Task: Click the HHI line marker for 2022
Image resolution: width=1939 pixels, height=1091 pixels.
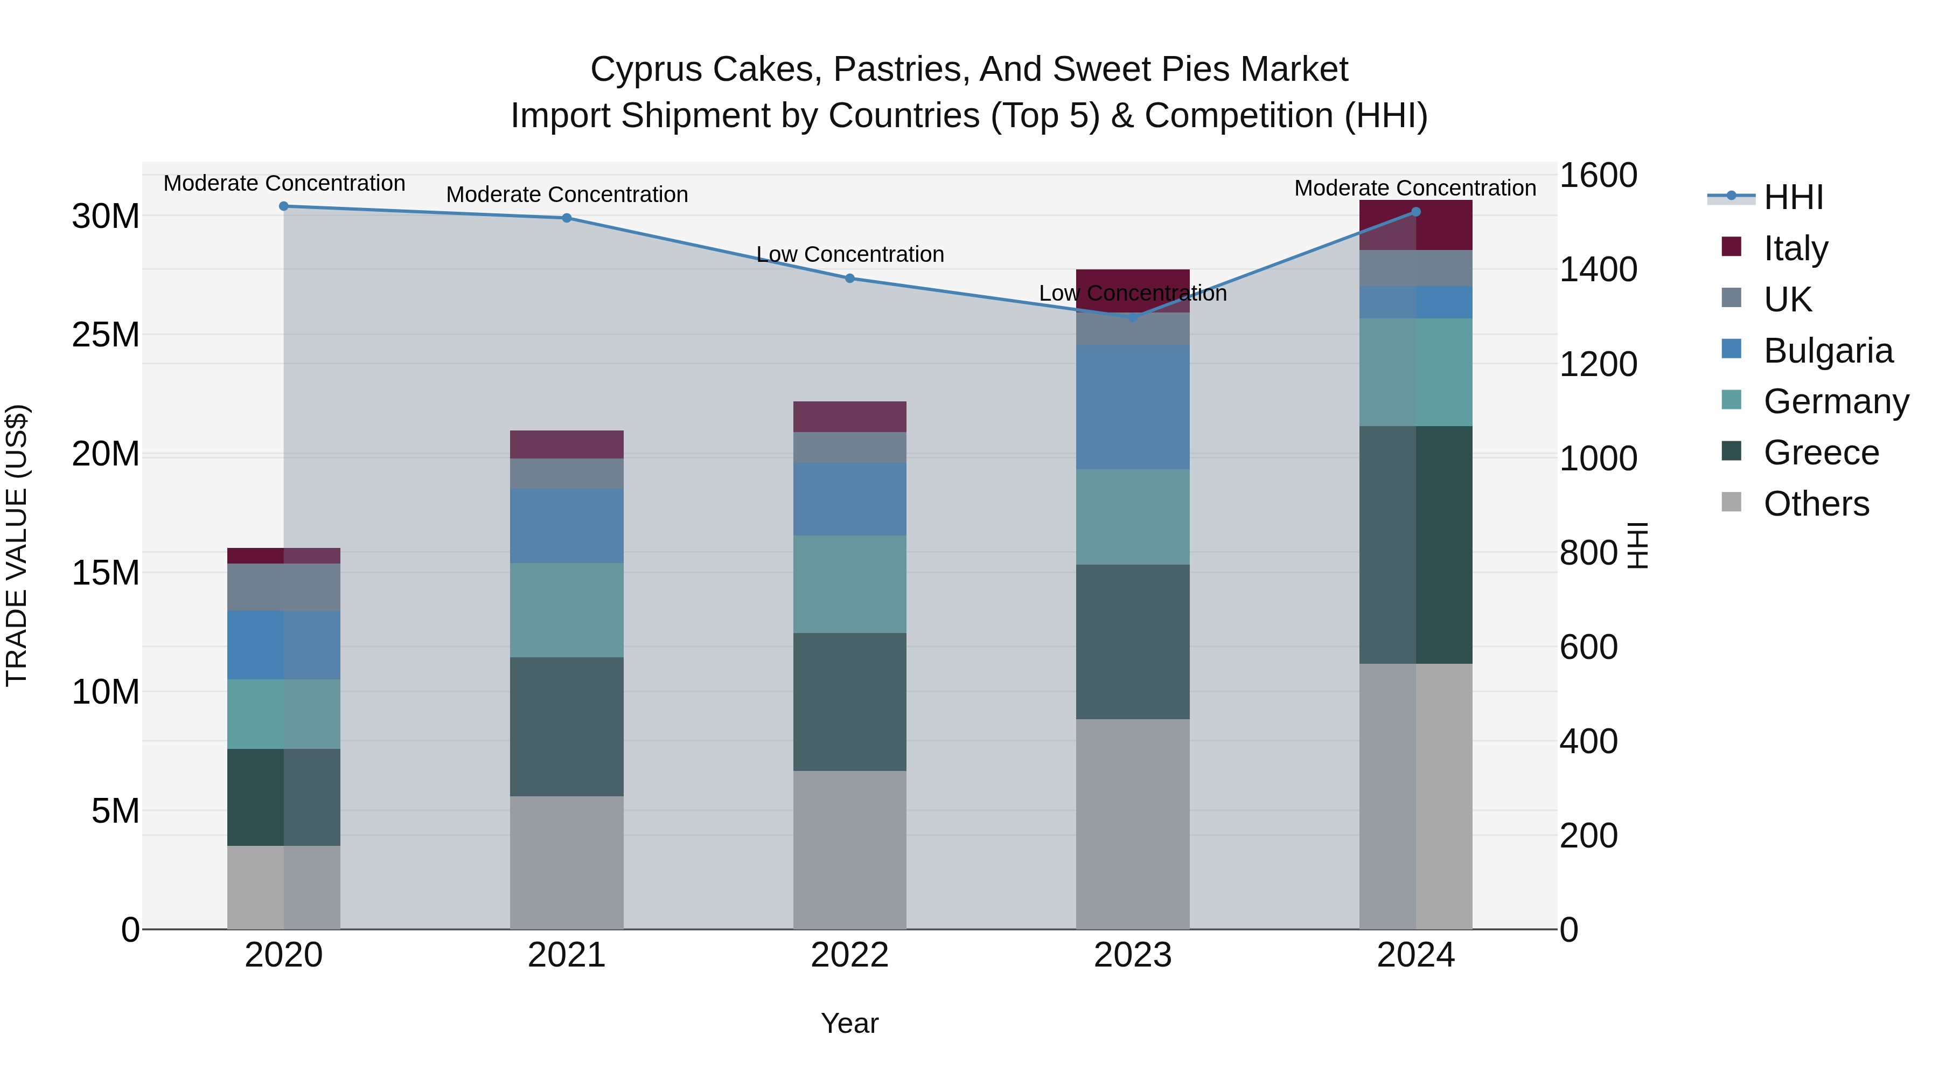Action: (x=850, y=278)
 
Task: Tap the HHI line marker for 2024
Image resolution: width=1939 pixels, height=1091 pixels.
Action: (x=1416, y=212)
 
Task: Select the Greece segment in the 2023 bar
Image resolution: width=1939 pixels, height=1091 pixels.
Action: (x=1133, y=642)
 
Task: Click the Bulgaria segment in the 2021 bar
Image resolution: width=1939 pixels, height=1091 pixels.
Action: (x=567, y=525)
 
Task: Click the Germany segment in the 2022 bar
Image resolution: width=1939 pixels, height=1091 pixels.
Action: (x=850, y=583)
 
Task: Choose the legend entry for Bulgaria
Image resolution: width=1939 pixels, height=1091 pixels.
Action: (x=1827, y=351)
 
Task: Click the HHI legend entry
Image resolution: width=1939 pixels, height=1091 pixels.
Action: (x=1792, y=197)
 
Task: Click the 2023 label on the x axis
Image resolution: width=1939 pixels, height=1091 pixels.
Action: (x=1133, y=955)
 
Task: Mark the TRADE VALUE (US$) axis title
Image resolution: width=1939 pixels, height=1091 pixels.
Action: (x=17, y=545)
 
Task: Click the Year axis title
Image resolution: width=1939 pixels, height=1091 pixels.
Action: (x=850, y=1023)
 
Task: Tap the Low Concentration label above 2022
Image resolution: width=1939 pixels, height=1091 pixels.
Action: (x=850, y=254)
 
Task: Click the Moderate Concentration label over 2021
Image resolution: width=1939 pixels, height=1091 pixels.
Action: (x=567, y=194)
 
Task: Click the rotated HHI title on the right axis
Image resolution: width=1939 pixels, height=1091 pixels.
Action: (x=1638, y=545)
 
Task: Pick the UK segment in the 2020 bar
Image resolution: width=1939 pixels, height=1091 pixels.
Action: (x=284, y=587)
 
